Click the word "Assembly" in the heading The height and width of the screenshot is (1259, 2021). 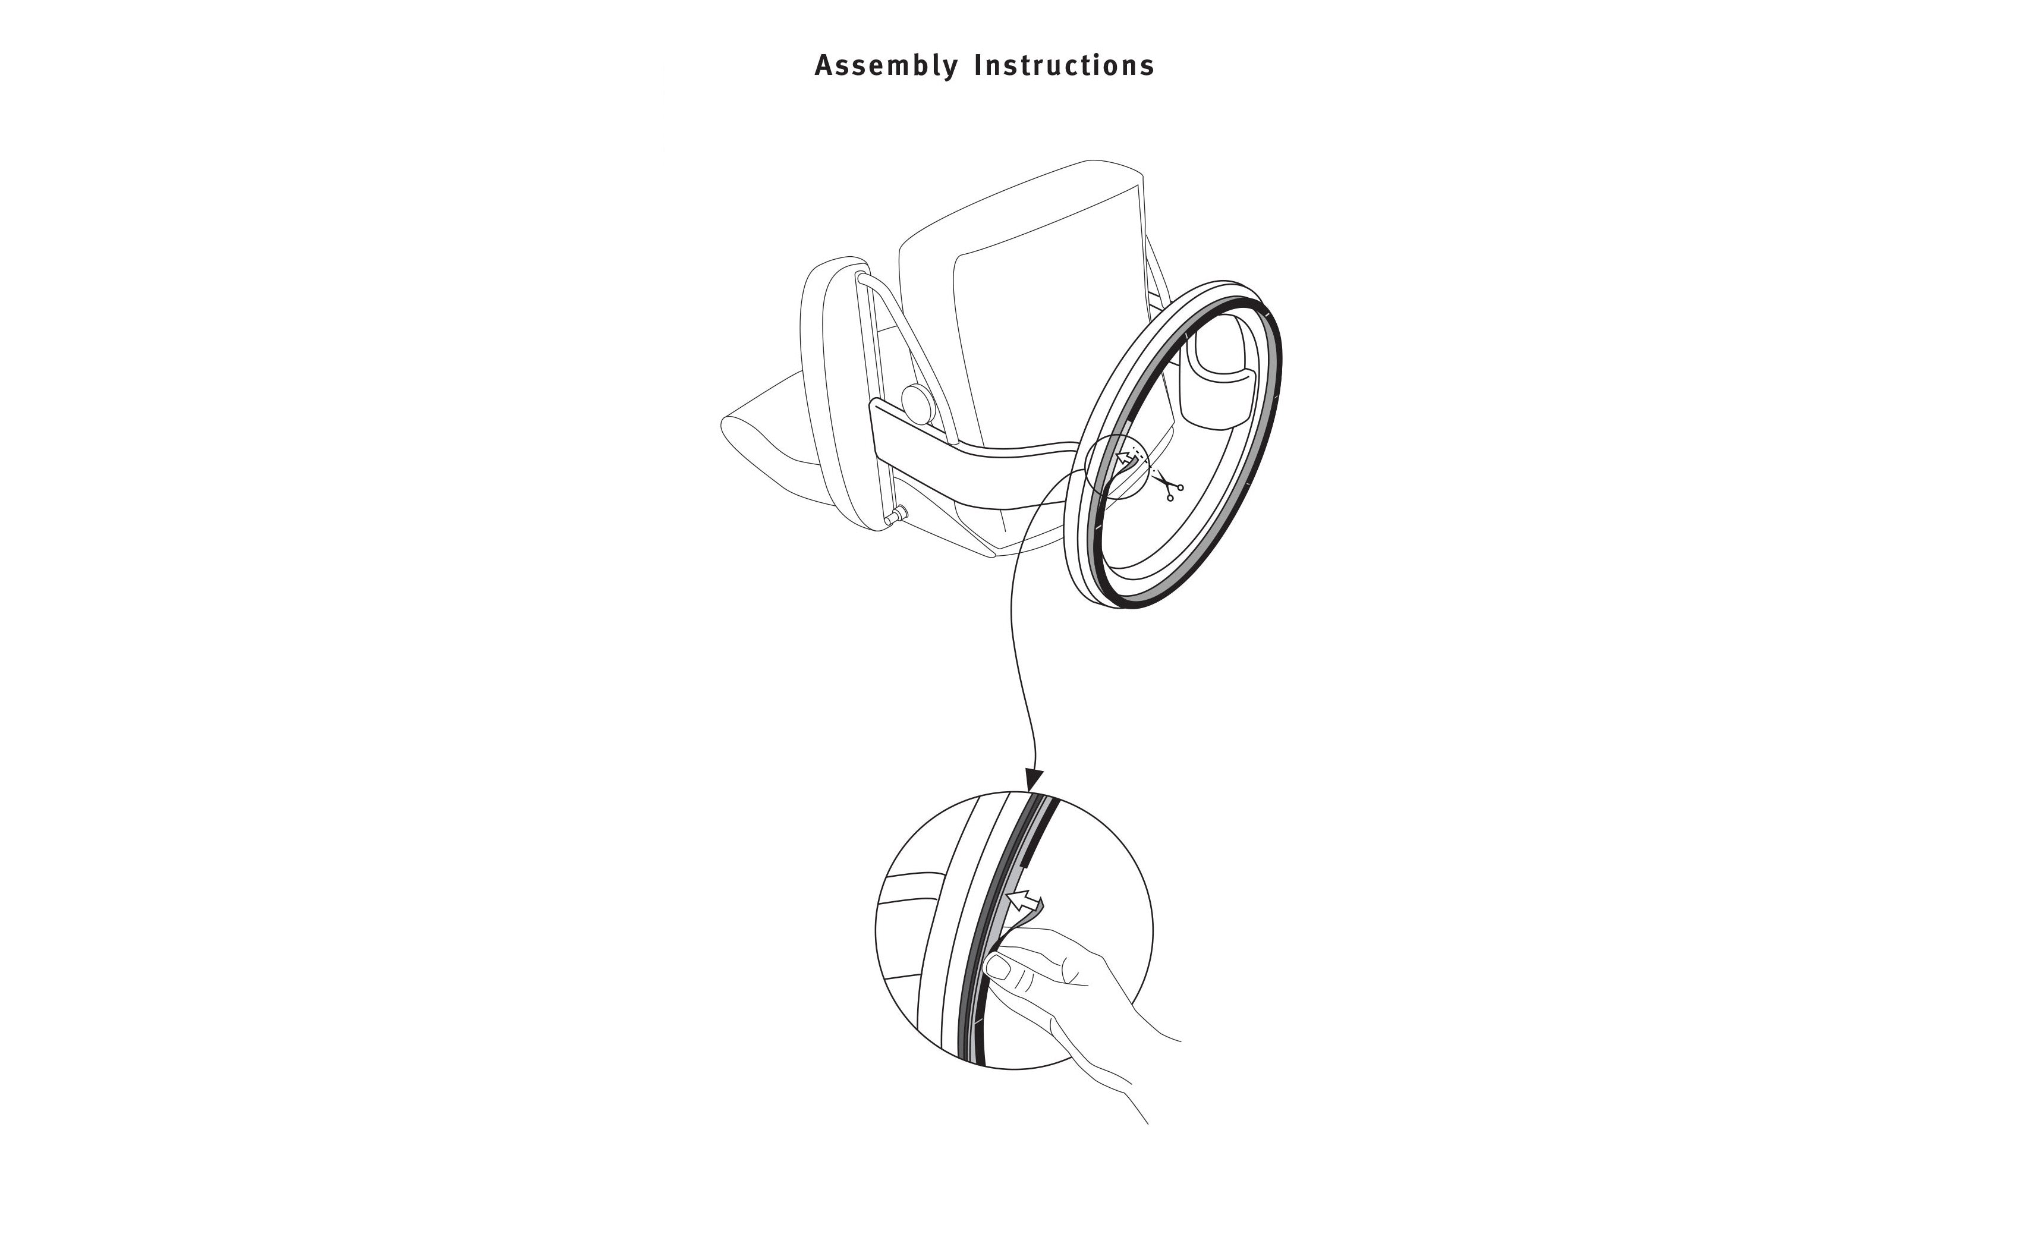click(x=886, y=66)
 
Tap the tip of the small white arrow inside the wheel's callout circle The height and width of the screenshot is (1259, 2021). click(x=1118, y=453)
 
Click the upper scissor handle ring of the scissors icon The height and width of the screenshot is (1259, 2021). click(x=1181, y=486)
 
